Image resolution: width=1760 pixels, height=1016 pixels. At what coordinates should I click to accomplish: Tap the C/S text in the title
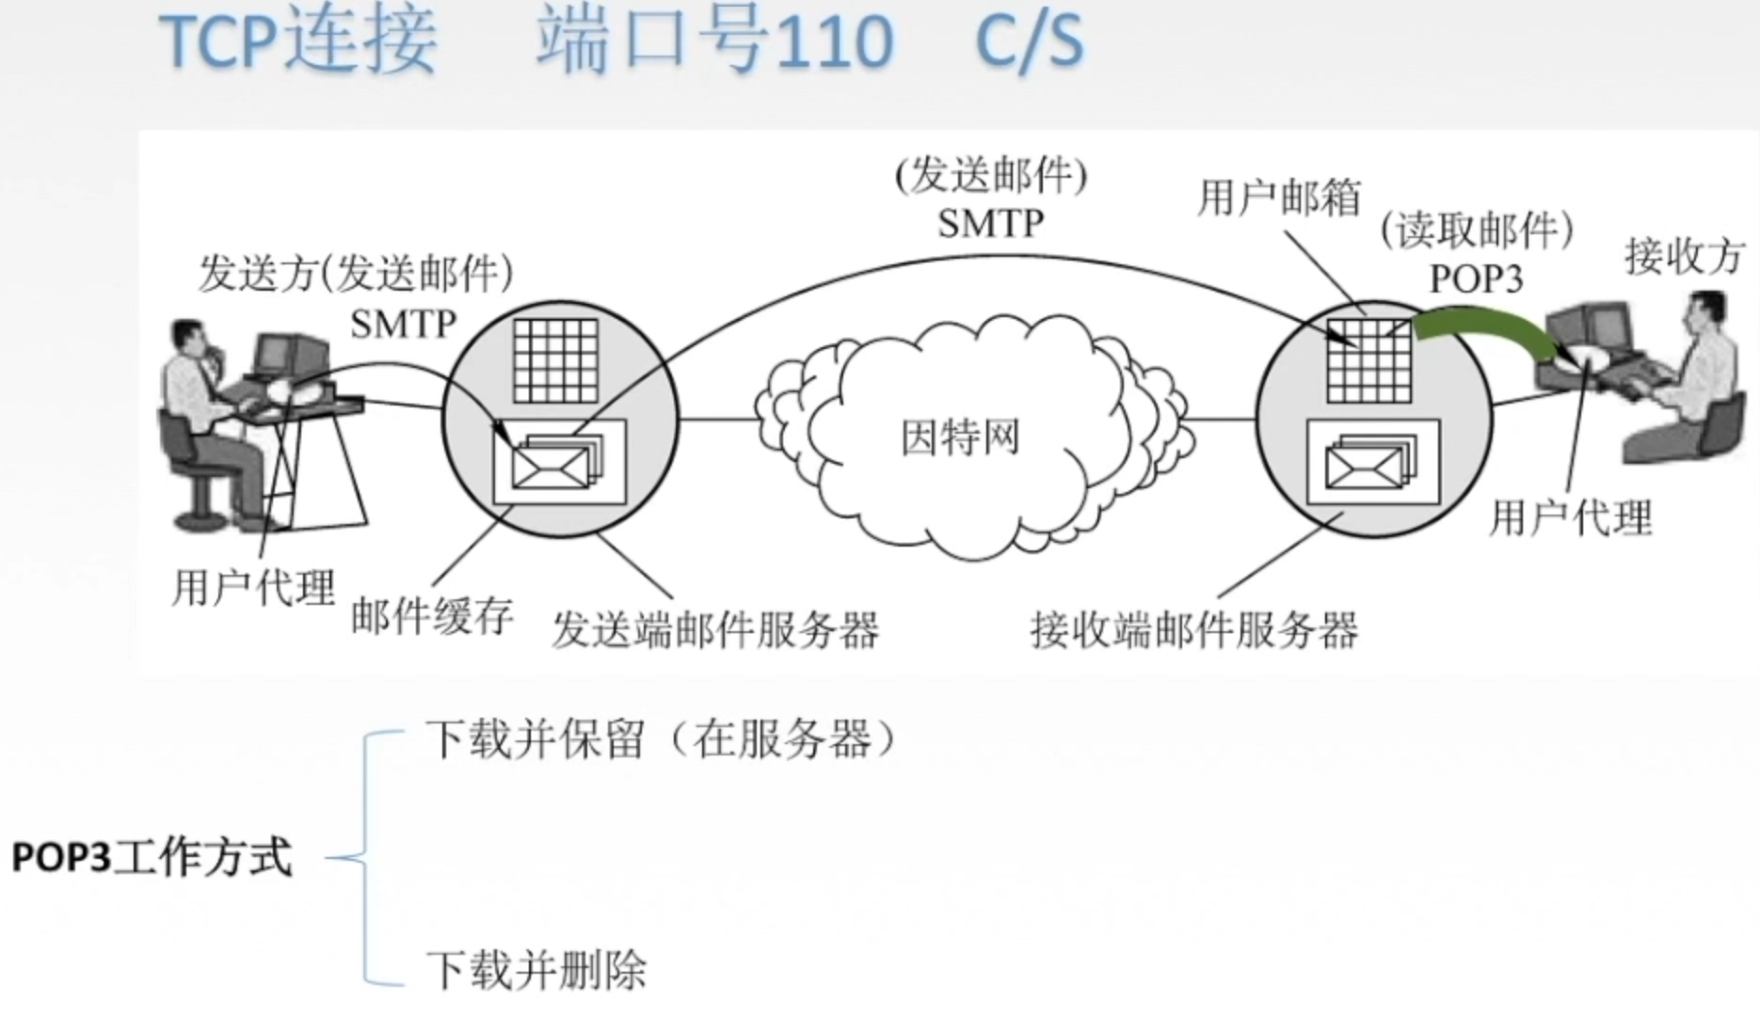1030,42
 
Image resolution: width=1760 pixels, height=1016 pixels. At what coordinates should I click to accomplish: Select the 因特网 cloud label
960,438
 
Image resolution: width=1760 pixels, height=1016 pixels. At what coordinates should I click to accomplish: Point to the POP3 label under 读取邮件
1476,279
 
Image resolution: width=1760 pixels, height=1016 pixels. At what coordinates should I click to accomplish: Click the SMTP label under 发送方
403,325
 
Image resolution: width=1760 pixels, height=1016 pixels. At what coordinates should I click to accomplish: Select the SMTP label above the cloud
990,224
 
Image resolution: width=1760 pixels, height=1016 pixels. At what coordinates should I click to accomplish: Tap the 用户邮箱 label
1279,198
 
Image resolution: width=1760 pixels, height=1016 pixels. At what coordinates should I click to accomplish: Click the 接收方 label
1685,256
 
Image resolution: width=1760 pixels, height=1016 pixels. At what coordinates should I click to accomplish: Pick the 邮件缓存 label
432,617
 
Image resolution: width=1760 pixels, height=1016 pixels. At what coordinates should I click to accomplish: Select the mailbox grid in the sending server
556,360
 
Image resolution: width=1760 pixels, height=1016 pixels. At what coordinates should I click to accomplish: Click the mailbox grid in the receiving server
1369,360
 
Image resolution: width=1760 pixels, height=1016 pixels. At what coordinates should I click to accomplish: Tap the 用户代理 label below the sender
253,589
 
